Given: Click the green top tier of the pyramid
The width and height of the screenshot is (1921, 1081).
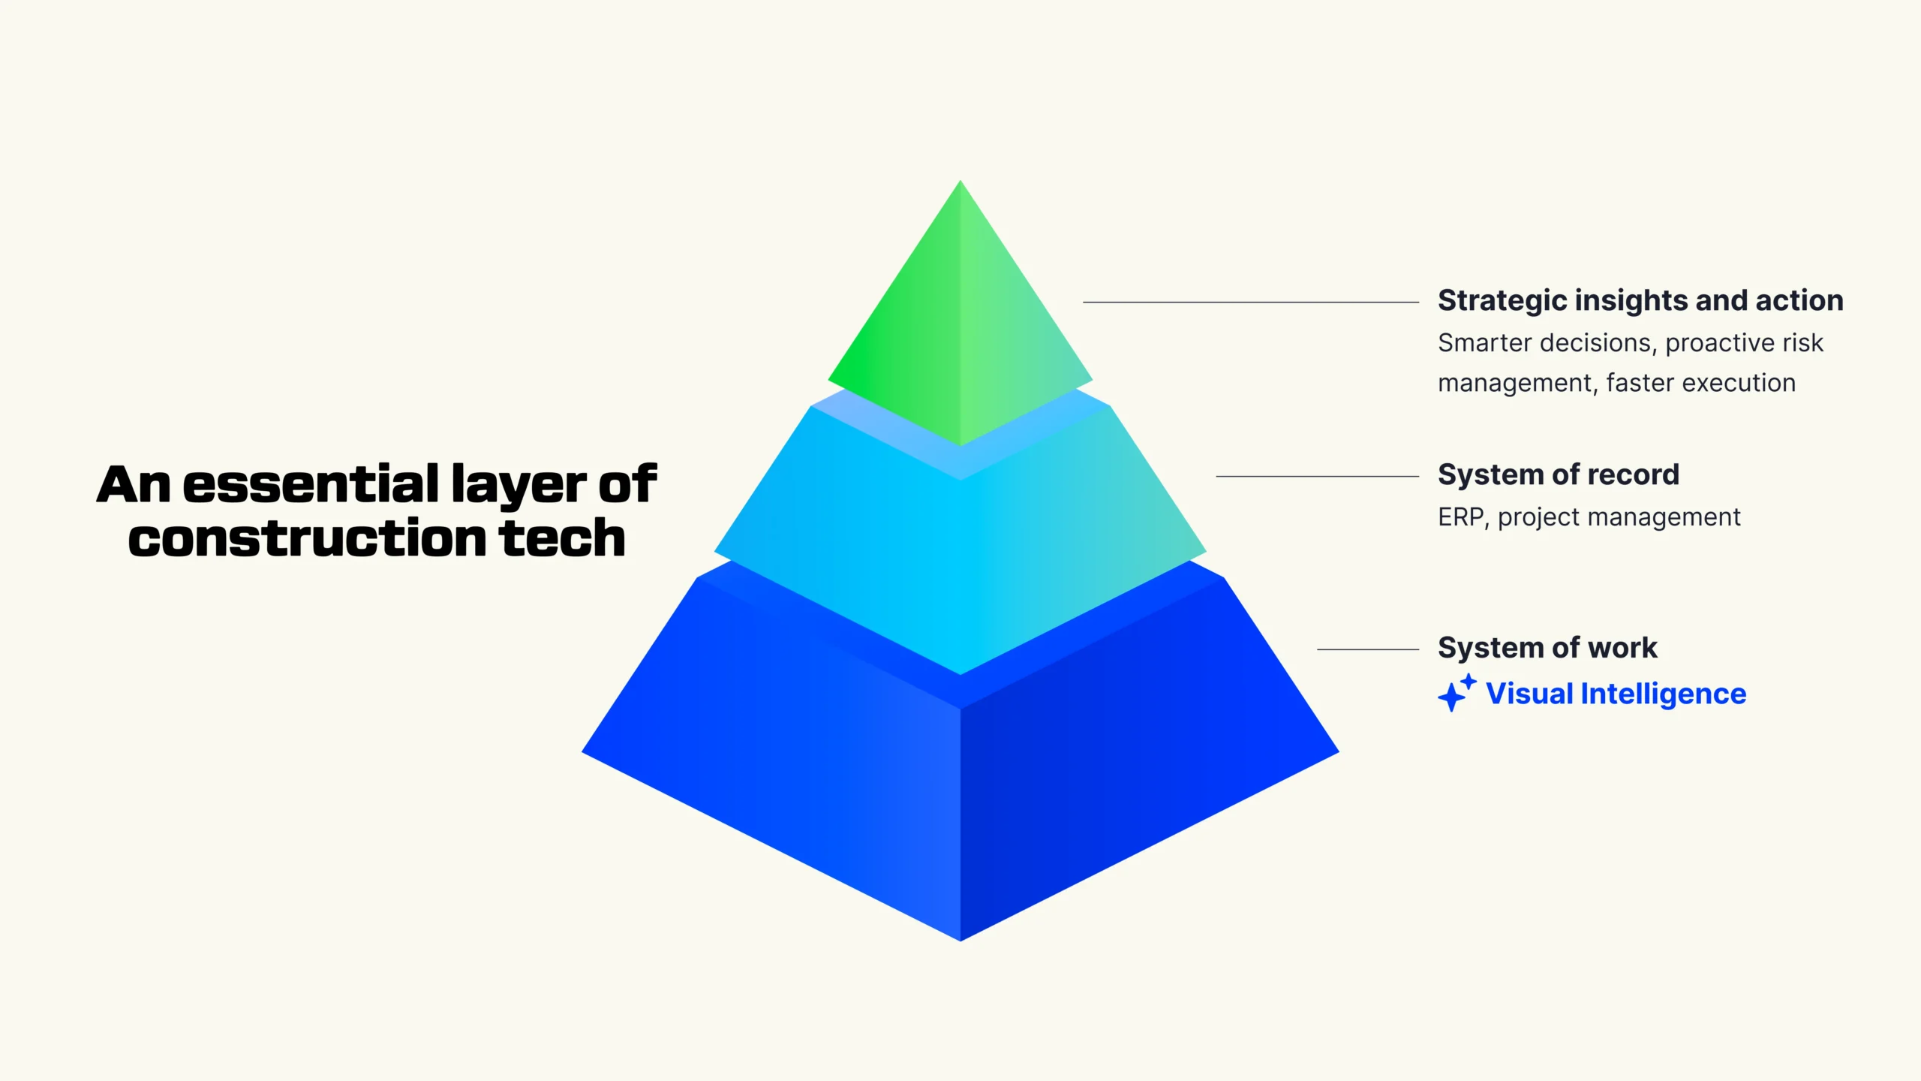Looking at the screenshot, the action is pos(960,330).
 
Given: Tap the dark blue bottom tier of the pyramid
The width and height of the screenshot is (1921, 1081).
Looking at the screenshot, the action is pos(960,796).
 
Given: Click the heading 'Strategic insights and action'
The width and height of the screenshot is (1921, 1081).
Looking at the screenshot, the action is pos(1640,300).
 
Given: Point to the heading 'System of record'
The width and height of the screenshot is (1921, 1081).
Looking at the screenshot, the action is pos(1559,474).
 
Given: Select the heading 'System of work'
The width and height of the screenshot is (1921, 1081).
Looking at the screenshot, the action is pos(1547,647).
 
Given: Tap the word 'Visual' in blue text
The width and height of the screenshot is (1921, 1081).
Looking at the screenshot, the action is pos(1529,694).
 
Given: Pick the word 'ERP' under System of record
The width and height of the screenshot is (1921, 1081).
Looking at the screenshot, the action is pos(1460,517).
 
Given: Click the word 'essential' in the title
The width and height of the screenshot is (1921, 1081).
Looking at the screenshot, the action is pos(311,484).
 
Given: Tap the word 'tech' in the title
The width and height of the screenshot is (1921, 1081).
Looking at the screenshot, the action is pos(562,537).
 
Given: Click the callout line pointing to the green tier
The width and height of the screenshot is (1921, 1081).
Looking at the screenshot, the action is pos(1251,302).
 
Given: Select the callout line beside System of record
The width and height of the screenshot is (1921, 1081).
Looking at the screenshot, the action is pos(1318,476).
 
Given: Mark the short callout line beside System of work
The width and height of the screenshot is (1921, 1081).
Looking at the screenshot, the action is pos(1368,649).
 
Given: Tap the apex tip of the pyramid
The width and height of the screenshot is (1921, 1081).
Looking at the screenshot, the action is pos(960,181).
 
